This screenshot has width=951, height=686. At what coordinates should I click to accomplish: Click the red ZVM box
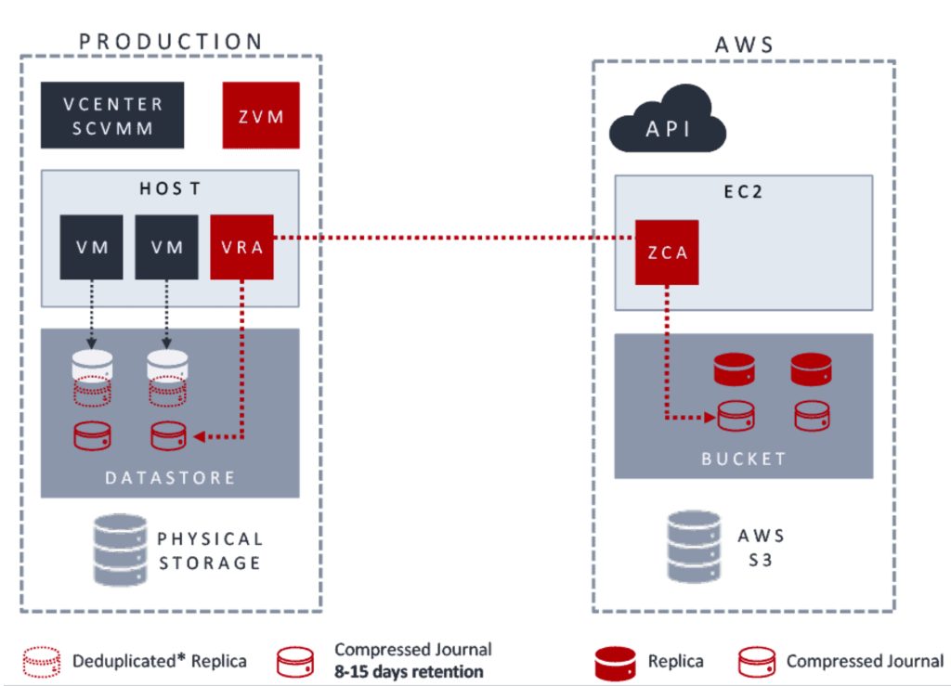261,115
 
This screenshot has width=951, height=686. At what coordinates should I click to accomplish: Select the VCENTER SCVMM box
111,115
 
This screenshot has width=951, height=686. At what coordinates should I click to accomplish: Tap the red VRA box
241,247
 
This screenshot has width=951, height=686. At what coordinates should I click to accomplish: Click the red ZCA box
666,252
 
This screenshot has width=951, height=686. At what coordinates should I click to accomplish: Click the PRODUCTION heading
171,42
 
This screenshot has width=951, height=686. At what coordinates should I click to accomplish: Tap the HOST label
170,188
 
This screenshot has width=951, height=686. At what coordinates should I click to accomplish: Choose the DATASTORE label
170,477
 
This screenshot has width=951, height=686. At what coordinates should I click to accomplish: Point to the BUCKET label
744,459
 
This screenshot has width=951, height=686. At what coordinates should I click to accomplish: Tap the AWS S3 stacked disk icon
694,547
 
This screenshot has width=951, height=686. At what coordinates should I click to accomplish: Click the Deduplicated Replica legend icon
43,662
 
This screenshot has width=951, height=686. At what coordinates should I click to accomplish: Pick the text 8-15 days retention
409,671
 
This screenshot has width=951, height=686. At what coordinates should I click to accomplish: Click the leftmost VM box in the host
91,247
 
